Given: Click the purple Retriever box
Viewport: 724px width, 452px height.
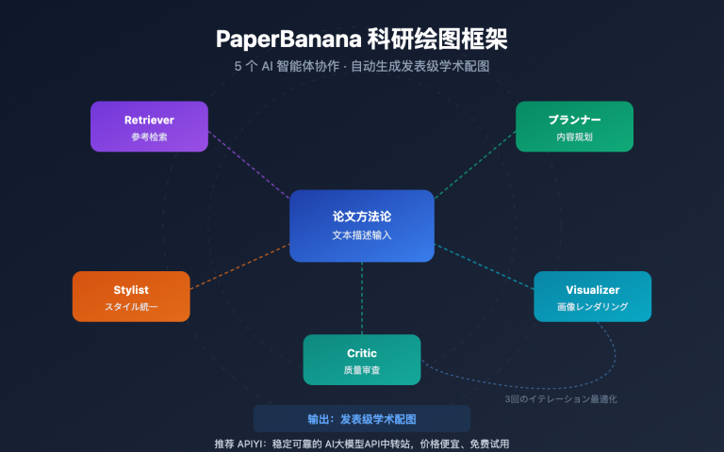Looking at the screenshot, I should (149, 126).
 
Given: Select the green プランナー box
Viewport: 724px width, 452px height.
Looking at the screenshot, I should (574, 126).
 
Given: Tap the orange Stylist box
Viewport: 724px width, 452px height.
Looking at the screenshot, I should (131, 296).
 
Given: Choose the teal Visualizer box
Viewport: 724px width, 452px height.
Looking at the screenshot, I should (592, 296).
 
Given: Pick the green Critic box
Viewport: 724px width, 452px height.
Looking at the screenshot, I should (362, 359).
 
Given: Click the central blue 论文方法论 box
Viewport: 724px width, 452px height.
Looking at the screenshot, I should (362, 225).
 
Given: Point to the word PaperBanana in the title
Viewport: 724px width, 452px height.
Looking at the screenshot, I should (283, 40).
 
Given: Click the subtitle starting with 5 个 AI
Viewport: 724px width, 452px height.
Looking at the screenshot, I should (362, 67).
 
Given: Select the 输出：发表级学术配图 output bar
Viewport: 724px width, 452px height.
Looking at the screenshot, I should (362, 419).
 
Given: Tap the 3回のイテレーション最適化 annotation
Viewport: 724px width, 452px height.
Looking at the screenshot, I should (561, 399).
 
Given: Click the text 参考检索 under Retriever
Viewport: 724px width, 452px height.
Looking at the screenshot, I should (149, 137).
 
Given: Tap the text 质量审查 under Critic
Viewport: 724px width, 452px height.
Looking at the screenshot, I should (362, 370).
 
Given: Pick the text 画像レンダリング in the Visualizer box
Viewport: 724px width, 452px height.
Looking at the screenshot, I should (592, 307).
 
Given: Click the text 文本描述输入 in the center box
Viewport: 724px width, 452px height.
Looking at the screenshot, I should (362, 234).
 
